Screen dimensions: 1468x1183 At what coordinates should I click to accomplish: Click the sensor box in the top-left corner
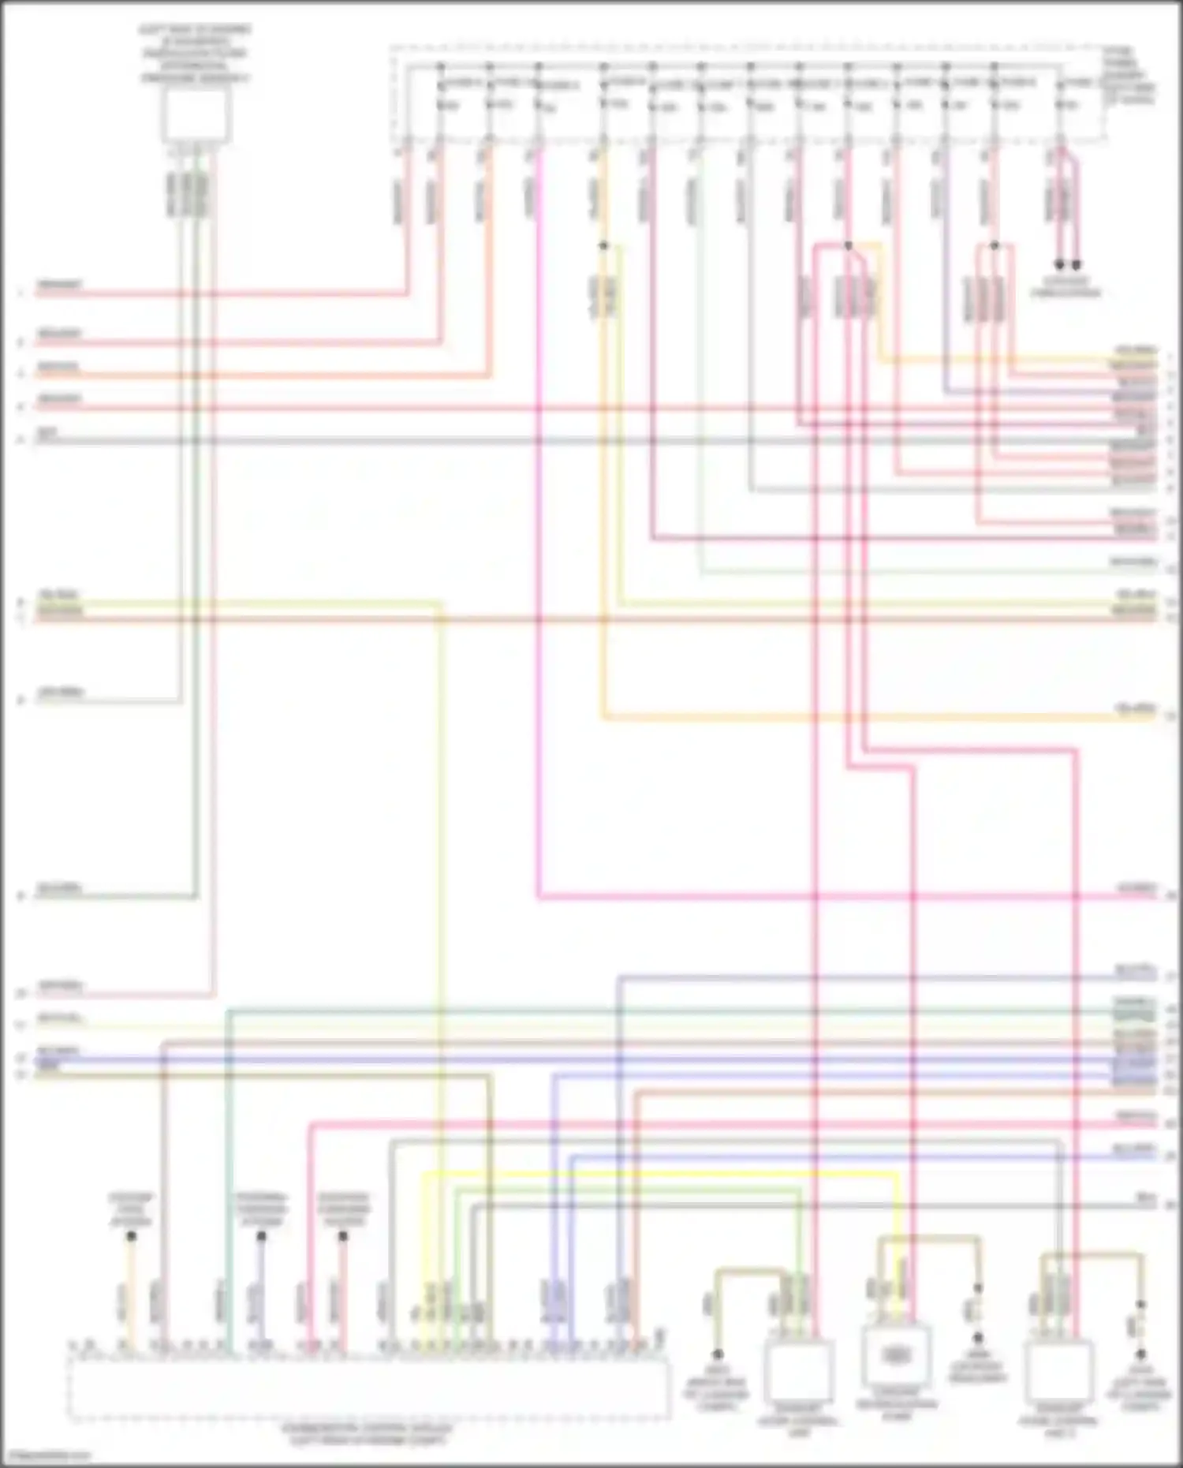click(x=196, y=115)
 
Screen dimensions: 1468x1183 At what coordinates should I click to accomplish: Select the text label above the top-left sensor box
click(x=196, y=54)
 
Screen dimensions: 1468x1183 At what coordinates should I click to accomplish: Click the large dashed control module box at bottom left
click(x=368, y=1389)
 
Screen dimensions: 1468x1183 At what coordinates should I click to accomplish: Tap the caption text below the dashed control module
click(x=368, y=1435)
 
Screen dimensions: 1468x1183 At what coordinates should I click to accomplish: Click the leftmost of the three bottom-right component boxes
click(x=798, y=1371)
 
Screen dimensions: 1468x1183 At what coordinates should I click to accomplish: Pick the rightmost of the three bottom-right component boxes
click(x=1058, y=1371)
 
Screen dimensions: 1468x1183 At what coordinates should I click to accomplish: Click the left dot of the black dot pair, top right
click(x=1060, y=265)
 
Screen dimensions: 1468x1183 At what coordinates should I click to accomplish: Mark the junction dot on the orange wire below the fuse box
click(x=603, y=246)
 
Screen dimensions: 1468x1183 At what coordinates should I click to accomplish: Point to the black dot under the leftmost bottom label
click(x=132, y=1236)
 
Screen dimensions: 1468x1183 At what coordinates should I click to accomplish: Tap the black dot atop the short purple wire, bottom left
click(x=261, y=1236)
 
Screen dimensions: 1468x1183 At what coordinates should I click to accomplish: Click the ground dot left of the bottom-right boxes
click(x=718, y=1354)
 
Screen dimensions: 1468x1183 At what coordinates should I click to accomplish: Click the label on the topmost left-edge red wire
click(x=60, y=285)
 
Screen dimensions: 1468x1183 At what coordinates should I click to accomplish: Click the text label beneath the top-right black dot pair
click(x=1066, y=287)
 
